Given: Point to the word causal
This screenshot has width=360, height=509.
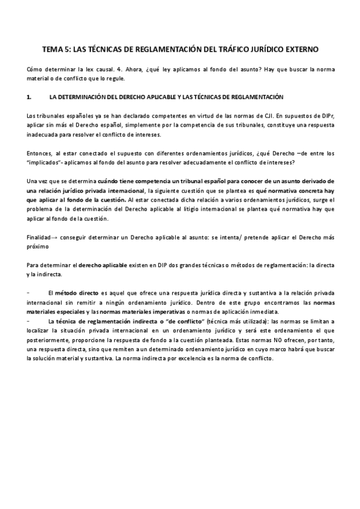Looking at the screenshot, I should coord(100,70).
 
